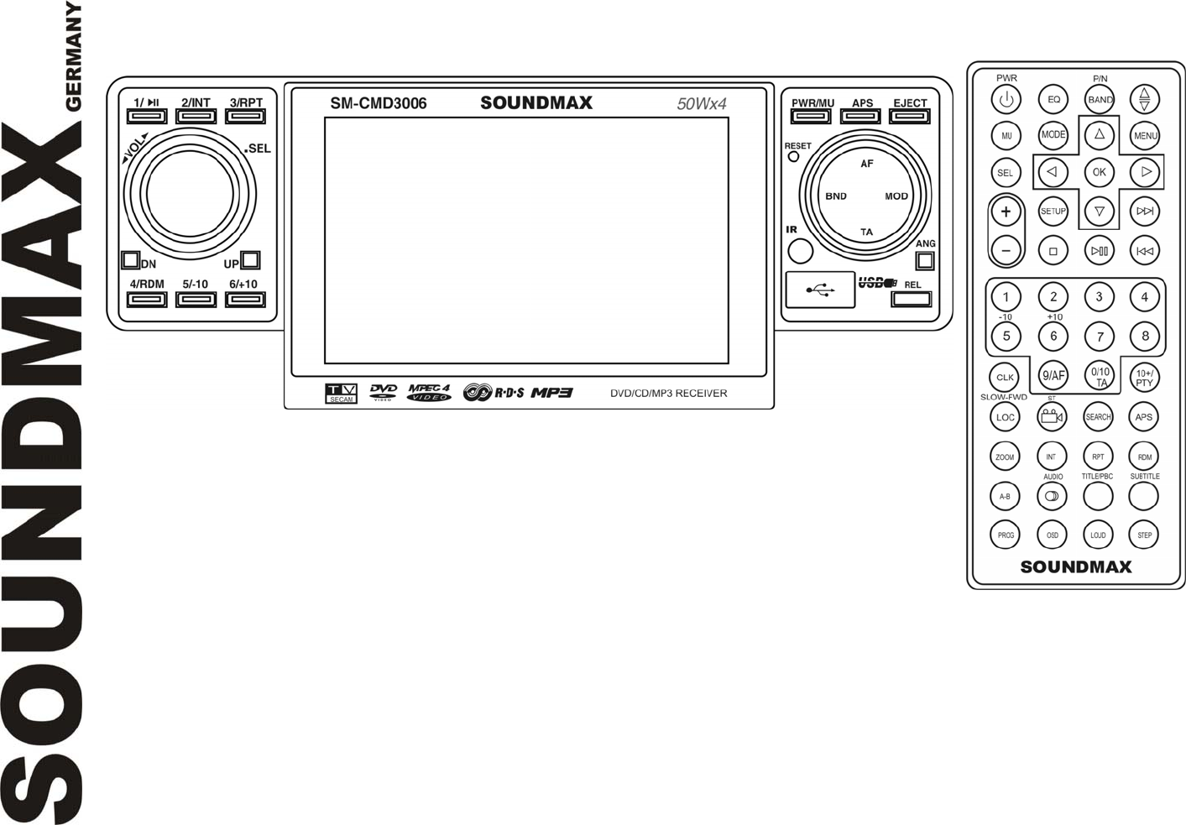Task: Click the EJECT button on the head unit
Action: click(x=910, y=117)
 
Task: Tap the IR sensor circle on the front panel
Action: click(x=800, y=251)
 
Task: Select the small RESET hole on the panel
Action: click(x=792, y=157)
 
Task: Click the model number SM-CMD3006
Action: click(x=378, y=103)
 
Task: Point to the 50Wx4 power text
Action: click(x=702, y=104)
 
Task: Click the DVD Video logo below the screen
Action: click(x=384, y=392)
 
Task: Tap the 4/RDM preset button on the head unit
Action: click(x=147, y=299)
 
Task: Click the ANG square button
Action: click(x=925, y=260)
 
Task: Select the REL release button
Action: click(x=911, y=299)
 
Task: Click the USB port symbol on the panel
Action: click(x=820, y=290)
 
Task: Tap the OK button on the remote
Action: click(x=1099, y=172)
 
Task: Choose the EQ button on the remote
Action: click(x=1053, y=99)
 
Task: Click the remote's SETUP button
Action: click(x=1053, y=211)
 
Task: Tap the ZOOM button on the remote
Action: click(x=1005, y=457)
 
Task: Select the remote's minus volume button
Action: click(x=1006, y=250)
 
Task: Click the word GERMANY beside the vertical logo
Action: click(x=73, y=57)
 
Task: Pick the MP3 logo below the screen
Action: click(x=551, y=392)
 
